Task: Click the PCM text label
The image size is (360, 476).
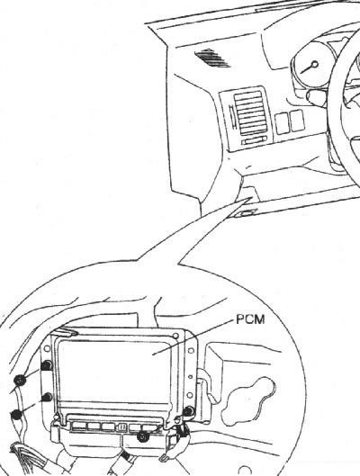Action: tap(250, 319)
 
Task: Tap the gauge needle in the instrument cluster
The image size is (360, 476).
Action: tap(309, 67)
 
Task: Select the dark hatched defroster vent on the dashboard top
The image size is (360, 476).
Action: tap(212, 58)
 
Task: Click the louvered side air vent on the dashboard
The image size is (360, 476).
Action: tap(251, 112)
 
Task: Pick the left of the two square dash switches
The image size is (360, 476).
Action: tap(282, 123)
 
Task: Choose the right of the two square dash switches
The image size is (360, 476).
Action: tap(297, 121)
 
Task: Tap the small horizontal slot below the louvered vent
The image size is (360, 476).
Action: tap(254, 141)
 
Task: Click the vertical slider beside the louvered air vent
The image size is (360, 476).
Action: tap(232, 116)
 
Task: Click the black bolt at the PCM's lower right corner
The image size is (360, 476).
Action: tap(188, 411)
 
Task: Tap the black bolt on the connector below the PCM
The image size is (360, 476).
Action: tap(142, 436)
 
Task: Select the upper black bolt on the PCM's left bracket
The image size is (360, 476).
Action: tap(47, 365)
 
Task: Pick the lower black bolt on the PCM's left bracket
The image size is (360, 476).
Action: tap(48, 397)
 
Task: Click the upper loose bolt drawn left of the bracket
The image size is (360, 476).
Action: tap(20, 380)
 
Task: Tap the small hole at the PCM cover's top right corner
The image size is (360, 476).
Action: tap(175, 336)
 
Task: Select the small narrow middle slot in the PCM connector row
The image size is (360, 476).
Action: tap(122, 427)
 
